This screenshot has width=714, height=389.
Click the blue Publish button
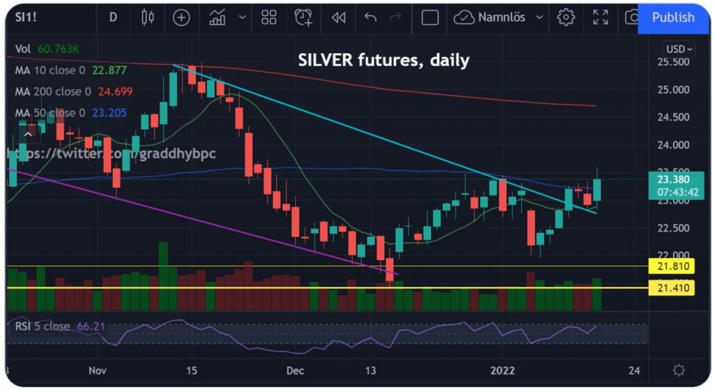pyautogui.click(x=672, y=17)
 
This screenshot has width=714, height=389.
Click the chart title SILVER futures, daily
pyautogui.click(x=383, y=61)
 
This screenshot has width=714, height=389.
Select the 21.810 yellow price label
pyautogui.click(x=671, y=266)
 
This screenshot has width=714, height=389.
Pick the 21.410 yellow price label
pyautogui.click(x=671, y=287)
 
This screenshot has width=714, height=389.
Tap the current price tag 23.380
pyautogui.click(x=671, y=179)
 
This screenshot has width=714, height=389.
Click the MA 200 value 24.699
pyautogui.click(x=115, y=91)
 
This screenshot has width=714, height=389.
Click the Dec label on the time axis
pyautogui.click(x=294, y=370)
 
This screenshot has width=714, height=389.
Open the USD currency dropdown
pyautogui.click(x=679, y=49)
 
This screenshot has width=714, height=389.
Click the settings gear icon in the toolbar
pyautogui.click(x=565, y=17)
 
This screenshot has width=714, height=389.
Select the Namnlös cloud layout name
pyautogui.click(x=499, y=17)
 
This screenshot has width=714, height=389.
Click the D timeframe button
pyautogui.click(x=113, y=17)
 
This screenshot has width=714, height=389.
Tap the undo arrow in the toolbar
pyautogui.click(x=370, y=17)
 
